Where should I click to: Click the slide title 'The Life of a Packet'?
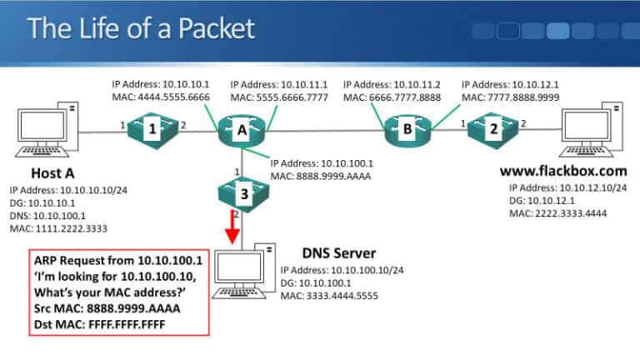(x=140, y=29)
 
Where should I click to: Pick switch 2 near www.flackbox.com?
(x=493, y=130)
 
